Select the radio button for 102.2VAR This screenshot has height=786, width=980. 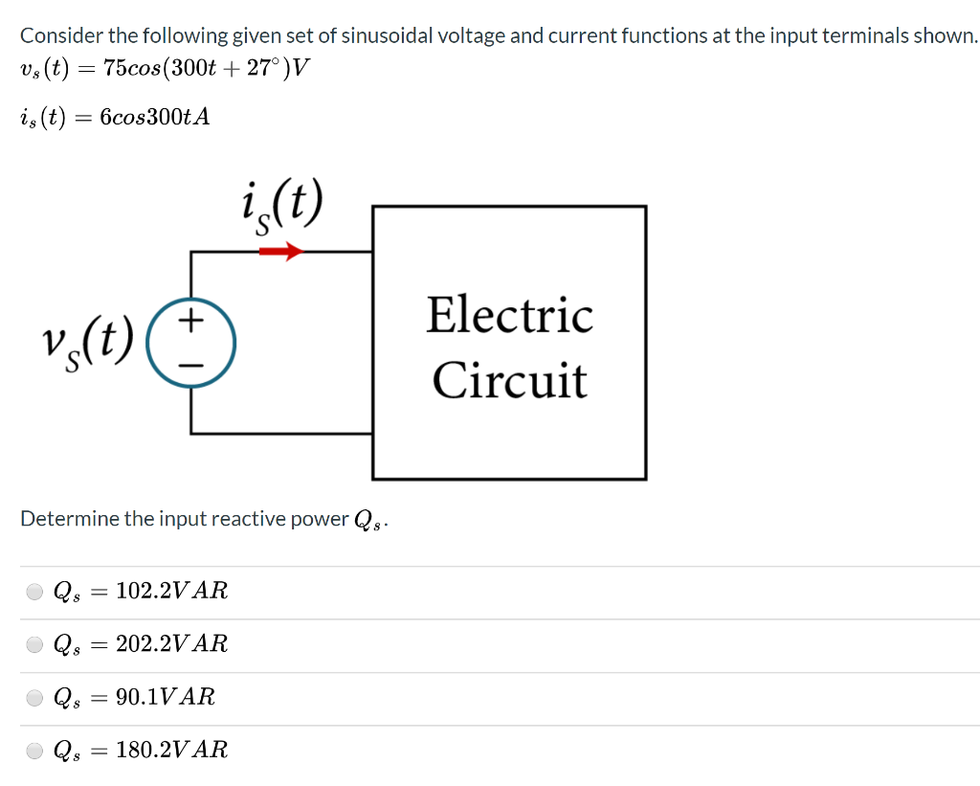(34, 592)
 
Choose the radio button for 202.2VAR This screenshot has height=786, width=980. (34, 644)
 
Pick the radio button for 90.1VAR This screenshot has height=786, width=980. (34, 697)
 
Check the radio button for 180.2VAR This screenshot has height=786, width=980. (34, 750)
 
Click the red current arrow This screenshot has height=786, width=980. (281, 252)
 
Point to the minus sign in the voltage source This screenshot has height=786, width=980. (192, 364)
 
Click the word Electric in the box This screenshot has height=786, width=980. (509, 316)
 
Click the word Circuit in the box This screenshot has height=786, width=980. (509, 380)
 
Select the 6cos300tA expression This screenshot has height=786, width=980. (154, 117)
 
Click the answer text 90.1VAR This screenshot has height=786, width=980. (165, 697)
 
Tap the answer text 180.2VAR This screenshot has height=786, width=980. (171, 750)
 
